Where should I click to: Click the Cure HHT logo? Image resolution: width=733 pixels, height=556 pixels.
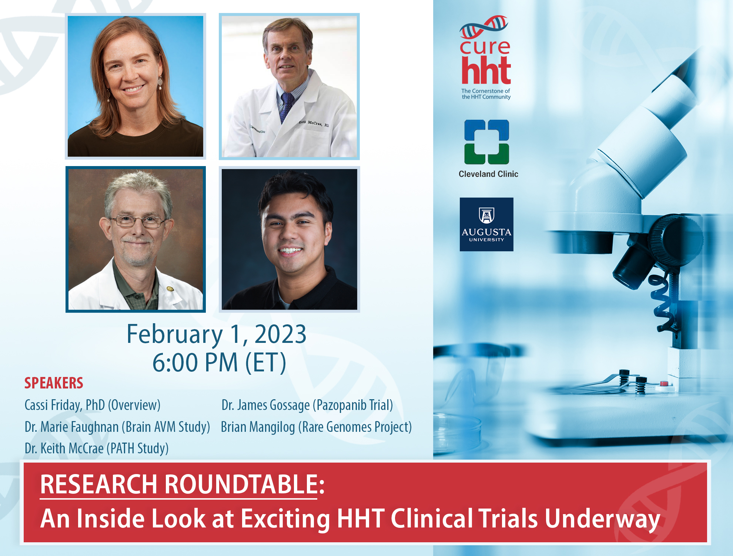click(485, 57)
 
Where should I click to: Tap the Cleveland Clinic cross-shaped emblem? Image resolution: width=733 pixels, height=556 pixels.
click(487, 142)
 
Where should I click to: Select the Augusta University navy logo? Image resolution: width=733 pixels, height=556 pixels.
click(486, 224)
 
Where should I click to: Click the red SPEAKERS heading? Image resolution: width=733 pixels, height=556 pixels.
click(54, 383)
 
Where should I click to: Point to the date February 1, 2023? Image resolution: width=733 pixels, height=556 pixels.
click(217, 334)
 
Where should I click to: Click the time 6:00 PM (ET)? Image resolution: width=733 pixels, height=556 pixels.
click(220, 362)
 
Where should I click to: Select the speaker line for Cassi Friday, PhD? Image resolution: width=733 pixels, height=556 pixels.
click(93, 405)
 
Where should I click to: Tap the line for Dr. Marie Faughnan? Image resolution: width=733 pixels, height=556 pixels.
click(117, 427)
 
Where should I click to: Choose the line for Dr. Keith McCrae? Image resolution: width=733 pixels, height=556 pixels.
click(97, 449)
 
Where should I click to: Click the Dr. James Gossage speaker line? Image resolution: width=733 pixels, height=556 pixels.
click(307, 405)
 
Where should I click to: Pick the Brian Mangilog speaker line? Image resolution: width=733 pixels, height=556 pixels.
click(316, 427)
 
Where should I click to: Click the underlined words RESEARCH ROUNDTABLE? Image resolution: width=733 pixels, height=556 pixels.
click(179, 484)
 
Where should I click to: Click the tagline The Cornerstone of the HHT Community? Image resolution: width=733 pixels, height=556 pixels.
click(486, 94)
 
